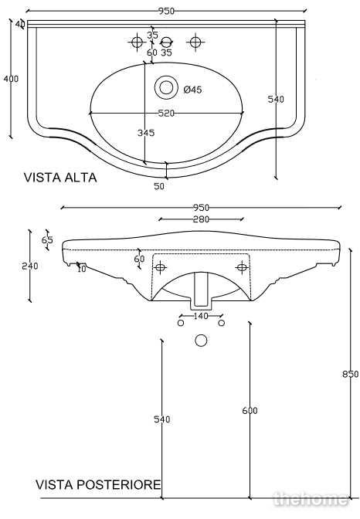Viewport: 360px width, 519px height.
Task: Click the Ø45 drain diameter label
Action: [x=192, y=90]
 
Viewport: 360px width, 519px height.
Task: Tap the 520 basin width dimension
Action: [x=166, y=114]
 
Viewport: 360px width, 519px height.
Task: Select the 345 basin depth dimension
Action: [x=146, y=132]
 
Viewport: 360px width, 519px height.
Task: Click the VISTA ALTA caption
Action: [x=60, y=178]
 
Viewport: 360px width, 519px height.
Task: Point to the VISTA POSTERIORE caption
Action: [x=98, y=485]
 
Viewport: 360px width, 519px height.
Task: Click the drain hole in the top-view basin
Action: [x=166, y=88]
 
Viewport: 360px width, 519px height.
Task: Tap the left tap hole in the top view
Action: [x=137, y=42]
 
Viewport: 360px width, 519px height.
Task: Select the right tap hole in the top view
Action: [x=195, y=42]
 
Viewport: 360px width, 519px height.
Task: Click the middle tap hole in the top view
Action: [x=166, y=42]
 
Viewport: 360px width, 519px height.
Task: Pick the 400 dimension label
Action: [x=11, y=79]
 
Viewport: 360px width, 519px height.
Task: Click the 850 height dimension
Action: [x=351, y=374]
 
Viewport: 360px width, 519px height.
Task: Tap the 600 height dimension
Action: [x=250, y=410]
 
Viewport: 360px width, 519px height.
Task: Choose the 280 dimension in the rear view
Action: [x=201, y=219]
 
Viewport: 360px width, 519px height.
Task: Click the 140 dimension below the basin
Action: [x=201, y=316]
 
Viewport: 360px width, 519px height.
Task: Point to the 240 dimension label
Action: [x=30, y=266]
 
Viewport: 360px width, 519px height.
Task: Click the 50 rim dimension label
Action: [x=159, y=186]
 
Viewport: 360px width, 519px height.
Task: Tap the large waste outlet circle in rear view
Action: [x=201, y=341]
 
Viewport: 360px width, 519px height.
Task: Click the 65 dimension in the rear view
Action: [x=47, y=239]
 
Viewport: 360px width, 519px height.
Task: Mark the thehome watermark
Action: [x=311, y=499]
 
